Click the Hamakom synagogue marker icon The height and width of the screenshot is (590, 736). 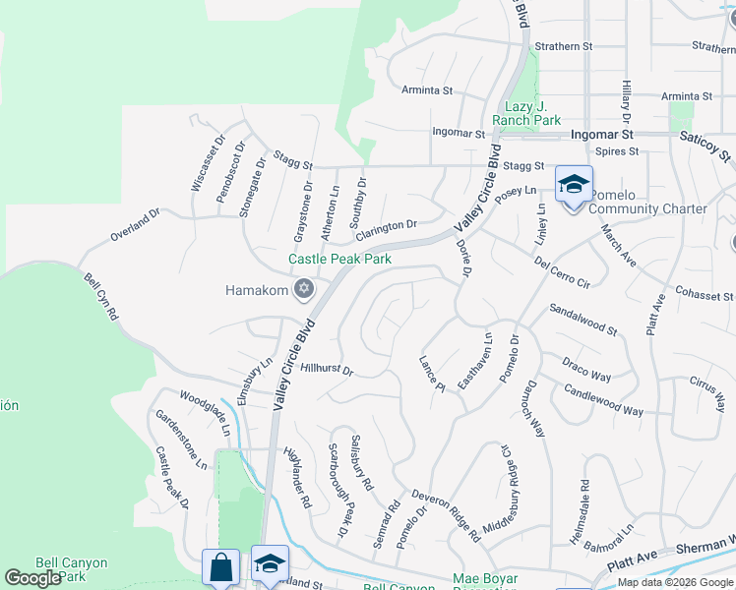click(304, 288)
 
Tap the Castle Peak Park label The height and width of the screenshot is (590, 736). click(339, 260)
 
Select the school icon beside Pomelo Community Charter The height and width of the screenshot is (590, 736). click(574, 184)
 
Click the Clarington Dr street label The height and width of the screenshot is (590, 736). click(387, 230)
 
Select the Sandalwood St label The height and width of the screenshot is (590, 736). click(583, 317)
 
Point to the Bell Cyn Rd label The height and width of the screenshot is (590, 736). click(100, 298)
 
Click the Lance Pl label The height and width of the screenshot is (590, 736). click(432, 375)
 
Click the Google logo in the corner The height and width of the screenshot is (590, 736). click(32, 578)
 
